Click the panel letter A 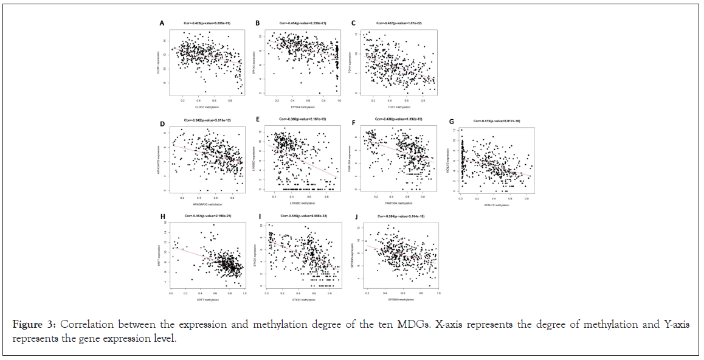(162, 23)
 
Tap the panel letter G (450, 121)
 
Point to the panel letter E (258, 120)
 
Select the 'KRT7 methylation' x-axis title (207, 300)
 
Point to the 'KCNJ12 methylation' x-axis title (496, 206)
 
